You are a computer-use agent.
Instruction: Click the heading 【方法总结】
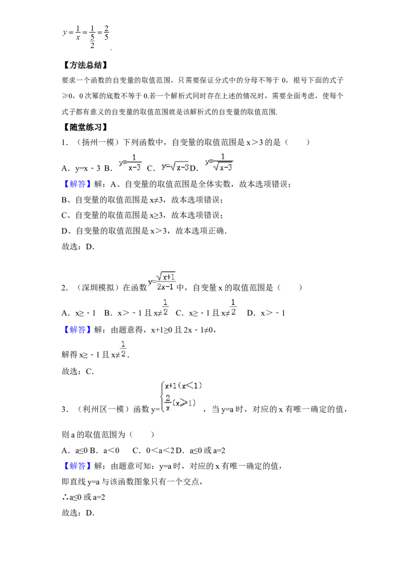[85, 65]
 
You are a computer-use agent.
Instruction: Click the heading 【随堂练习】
[85, 127]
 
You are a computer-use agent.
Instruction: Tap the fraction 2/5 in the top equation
[106, 32]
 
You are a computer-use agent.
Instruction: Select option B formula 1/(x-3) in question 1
[131, 162]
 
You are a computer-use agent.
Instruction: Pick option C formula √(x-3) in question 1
[175, 167]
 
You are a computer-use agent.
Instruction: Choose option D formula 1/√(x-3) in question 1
[219, 162]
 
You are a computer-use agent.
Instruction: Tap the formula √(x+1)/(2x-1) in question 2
[162, 281]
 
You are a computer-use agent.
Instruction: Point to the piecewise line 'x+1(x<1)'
[183, 386]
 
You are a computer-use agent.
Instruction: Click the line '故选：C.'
[78, 372]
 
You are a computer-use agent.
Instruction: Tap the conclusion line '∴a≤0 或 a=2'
[84, 498]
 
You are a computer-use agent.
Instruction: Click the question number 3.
[64, 410]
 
